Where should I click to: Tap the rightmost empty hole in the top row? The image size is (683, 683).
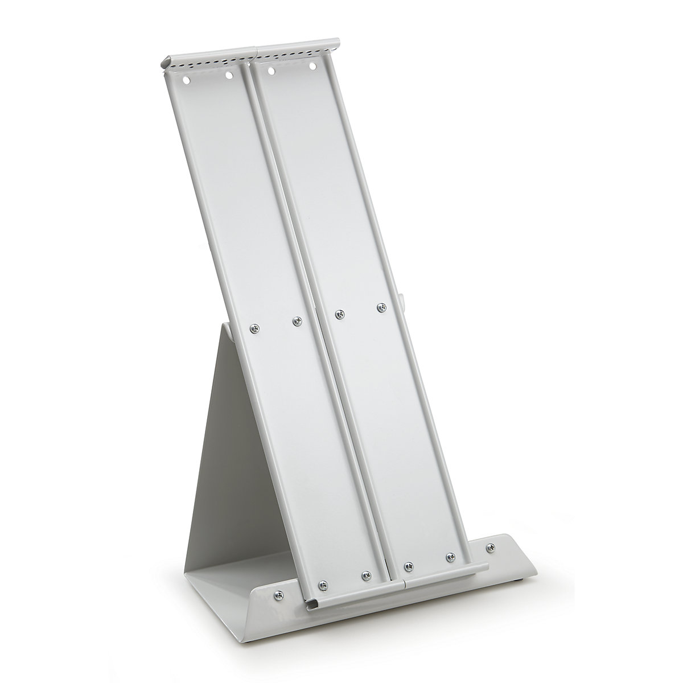click(312, 67)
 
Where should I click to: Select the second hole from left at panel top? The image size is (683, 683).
click(229, 75)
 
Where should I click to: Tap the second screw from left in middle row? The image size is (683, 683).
click(296, 322)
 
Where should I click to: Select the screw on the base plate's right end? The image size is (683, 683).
click(488, 548)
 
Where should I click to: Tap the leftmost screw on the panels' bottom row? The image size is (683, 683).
click(323, 583)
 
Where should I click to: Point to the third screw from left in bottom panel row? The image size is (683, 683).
click(408, 565)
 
